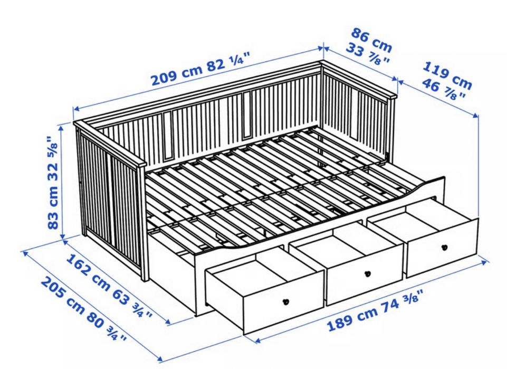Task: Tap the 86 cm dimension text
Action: point(372,40)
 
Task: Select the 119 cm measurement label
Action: point(447,75)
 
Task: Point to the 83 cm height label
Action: point(53,204)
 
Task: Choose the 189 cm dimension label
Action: point(352,318)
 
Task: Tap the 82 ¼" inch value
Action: point(229,63)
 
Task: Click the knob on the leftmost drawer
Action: point(286,302)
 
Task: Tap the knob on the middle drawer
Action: point(368,274)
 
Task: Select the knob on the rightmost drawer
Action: point(444,248)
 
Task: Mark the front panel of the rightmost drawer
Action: point(442,248)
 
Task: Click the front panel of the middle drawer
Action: point(365,275)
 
